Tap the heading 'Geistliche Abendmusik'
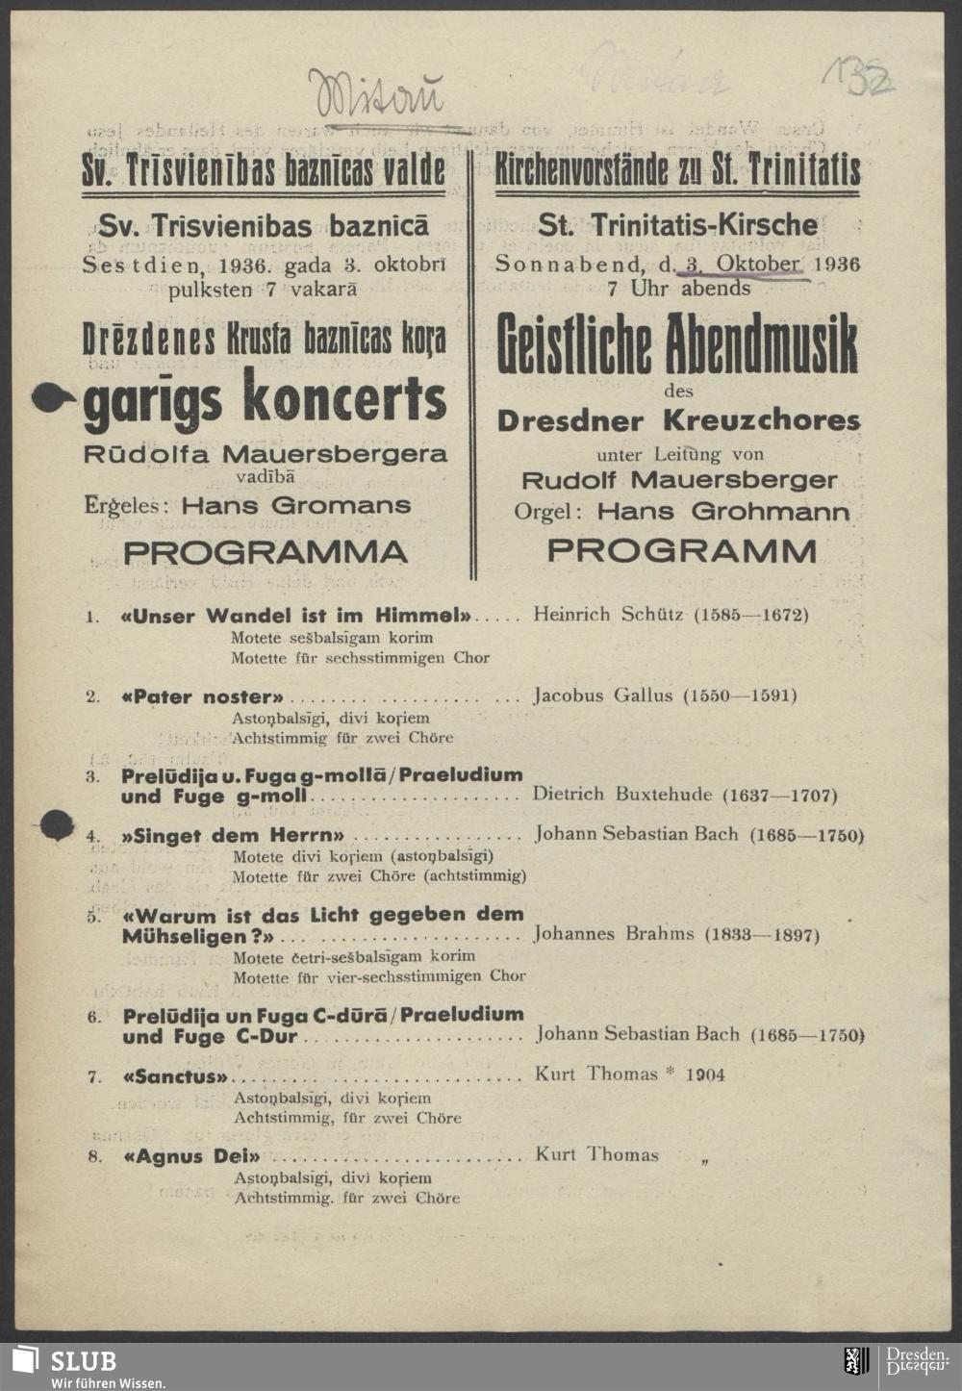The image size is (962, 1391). tap(677, 344)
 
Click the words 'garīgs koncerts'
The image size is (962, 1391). tap(266, 399)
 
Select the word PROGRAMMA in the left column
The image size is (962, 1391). tap(266, 552)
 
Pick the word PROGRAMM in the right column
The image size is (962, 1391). tap(682, 551)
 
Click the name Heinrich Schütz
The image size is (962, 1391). tap(609, 615)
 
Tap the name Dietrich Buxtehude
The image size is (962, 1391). tap(622, 795)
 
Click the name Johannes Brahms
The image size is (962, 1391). tap(615, 934)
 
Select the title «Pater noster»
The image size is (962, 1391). tap(203, 696)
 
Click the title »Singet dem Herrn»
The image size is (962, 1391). tap(232, 835)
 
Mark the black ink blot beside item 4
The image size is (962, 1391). tap(57, 823)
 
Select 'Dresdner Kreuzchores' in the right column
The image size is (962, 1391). tap(678, 420)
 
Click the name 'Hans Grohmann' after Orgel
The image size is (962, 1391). tap(723, 512)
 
